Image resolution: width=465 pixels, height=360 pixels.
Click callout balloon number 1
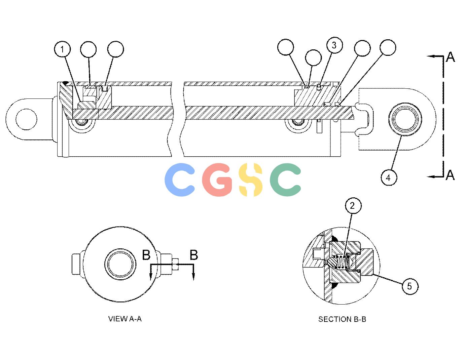(x=62, y=49)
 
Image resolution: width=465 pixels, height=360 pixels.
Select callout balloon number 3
(x=334, y=45)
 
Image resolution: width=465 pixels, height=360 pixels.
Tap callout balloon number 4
(x=389, y=177)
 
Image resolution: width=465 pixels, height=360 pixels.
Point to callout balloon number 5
(x=409, y=286)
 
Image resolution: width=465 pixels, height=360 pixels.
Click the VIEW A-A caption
(x=125, y=319)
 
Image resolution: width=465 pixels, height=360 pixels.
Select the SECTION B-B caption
(x=342, y=319)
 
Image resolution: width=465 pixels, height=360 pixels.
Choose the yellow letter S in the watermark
(x=250, y=179)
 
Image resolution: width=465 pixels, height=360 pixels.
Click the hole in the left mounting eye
(x=26, y=119)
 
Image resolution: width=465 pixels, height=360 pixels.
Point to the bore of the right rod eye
(x=405, y=119)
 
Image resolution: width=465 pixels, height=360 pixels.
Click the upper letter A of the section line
(x=451, y=57)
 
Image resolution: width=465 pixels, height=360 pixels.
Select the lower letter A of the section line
(x=451, y=175)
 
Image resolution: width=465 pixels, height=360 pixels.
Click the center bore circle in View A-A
(x=120, y=264)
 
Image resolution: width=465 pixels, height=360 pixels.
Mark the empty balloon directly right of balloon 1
(x=88, y=49)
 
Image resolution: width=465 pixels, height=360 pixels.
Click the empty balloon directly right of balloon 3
(x=362, y=48)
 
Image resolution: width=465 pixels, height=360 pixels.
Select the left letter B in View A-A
(x=146, y=255)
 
